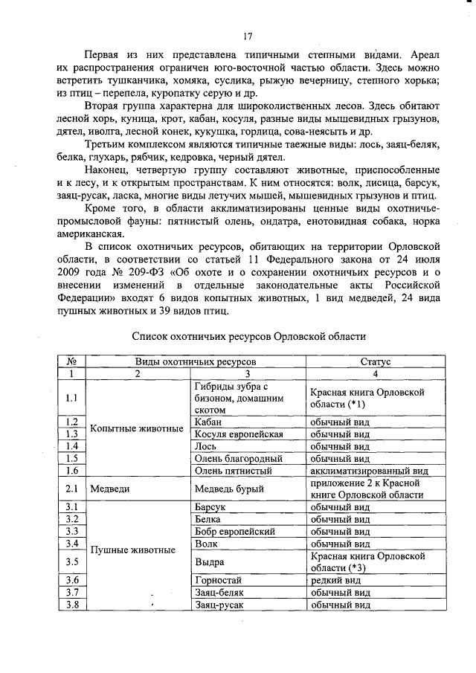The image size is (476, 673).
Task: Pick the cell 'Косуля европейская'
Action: [x=238, y=434]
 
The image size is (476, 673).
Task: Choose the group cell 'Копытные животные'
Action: [x=137, y=428]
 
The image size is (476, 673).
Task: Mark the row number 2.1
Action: [x=72, y=489]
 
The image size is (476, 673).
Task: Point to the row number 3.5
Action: [x=72, y=561]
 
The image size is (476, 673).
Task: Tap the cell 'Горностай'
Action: [x=218, y=579]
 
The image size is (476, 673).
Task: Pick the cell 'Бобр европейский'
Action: [x=234, y=532]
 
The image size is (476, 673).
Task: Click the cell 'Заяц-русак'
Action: [x=219, y=605]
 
